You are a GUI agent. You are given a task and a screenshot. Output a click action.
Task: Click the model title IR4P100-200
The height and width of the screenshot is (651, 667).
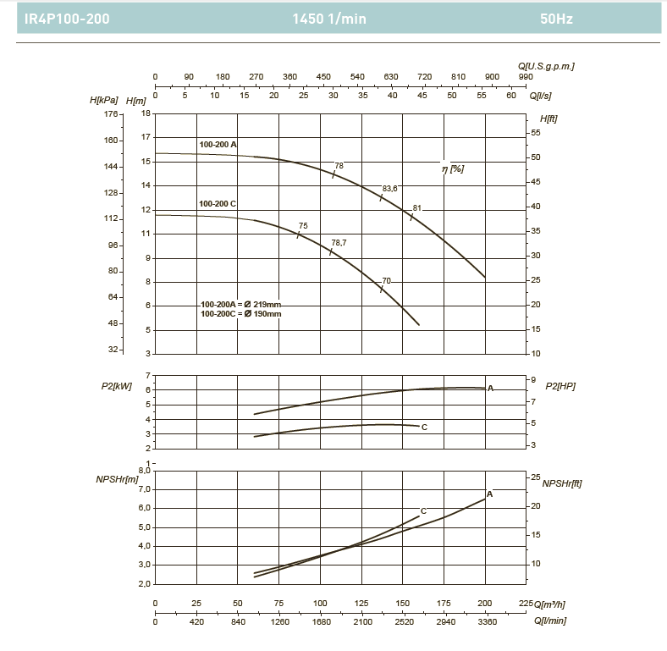click(67, 19)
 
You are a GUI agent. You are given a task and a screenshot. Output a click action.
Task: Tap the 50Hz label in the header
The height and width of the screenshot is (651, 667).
click(556, 19)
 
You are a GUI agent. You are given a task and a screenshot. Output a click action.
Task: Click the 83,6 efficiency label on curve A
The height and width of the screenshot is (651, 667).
click(389, 188)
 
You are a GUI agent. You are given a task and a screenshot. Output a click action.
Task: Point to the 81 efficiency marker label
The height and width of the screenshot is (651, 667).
click(417, 207)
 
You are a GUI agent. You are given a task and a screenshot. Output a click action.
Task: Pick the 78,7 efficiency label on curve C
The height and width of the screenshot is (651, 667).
click(339, 242)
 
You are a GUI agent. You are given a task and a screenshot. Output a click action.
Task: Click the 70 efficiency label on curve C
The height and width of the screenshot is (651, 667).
click(387, 280)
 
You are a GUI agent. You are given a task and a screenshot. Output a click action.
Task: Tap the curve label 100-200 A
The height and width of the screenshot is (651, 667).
click(218, 145)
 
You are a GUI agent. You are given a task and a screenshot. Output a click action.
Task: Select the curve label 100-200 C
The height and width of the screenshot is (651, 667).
click(218, 204)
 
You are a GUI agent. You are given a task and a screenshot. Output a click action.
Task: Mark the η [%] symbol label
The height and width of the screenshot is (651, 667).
click(453, 169)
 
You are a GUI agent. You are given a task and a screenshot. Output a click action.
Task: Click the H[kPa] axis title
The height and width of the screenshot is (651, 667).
click(104, 101)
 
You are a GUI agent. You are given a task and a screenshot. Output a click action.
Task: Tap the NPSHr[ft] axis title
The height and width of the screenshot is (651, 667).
click(561, 483)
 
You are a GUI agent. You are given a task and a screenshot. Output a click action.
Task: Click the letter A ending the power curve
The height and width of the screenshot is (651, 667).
click(491, 388)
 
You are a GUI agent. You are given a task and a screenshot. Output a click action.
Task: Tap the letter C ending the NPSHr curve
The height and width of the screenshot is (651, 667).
click(423, 510)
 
